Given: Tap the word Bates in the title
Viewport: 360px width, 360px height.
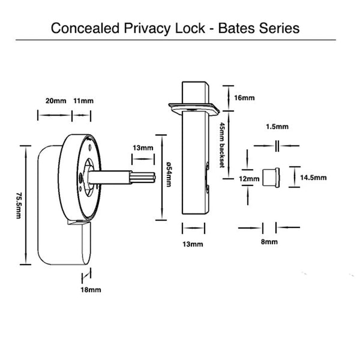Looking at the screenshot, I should pos(234,28).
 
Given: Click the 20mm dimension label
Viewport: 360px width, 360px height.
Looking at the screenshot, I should pos(55,100).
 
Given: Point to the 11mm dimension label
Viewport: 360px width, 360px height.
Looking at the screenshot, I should pos(83,100).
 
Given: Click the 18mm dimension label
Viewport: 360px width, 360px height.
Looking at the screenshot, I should pos(90,290).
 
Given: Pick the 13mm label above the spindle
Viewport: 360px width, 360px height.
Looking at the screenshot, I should pos(143,148).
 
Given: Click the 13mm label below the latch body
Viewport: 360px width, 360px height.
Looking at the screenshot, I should pos(193,243).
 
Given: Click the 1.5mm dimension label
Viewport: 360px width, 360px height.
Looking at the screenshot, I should pos(277,127).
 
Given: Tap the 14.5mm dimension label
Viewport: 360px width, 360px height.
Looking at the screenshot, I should pos(313,178).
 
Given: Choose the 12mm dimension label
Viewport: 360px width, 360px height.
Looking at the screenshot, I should pos(248,178).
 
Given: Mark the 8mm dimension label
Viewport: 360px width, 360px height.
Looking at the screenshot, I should pos(269,241).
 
